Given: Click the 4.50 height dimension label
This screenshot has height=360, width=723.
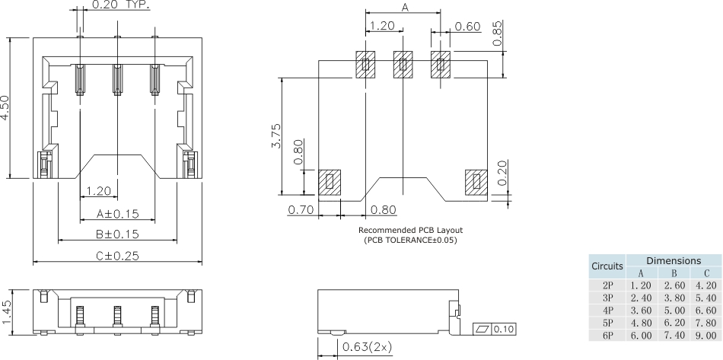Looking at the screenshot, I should click(7, 108).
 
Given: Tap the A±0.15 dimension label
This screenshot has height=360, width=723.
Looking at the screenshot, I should click(117, 213).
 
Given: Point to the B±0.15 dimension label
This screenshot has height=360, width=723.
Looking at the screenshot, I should click(117, 234).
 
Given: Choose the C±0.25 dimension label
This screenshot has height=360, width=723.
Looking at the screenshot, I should click(117, 256).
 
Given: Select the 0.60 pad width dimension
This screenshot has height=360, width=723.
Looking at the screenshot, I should click(467, 27).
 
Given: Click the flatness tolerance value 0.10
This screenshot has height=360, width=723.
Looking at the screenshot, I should click(503, 329).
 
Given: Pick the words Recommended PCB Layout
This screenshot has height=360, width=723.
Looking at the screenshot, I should click(410, 230).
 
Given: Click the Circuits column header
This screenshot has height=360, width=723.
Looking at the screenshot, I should click(607, 267).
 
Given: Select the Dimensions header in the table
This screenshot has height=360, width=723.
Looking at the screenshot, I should click(673, 260).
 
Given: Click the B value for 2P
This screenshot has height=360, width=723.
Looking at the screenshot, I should click(673, 285).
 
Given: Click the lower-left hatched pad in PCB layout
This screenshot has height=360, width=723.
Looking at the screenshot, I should click(330, 181).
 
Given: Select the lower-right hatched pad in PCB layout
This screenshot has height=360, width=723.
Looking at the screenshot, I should click(477, 181).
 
